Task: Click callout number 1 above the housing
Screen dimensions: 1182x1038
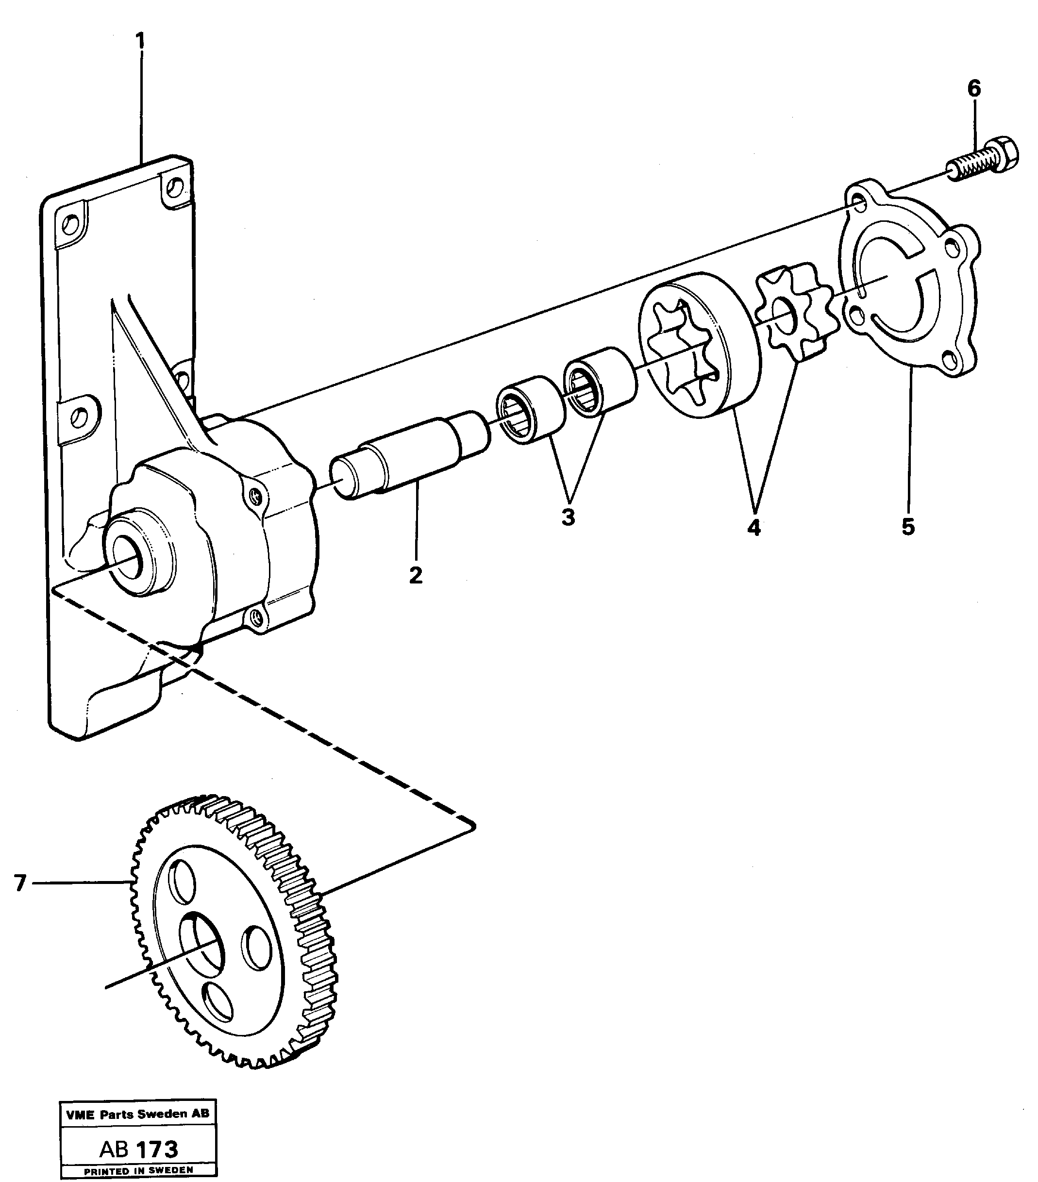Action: pos(140,41)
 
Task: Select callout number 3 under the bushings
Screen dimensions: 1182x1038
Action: pos(568,517)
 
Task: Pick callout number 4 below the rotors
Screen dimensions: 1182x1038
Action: pos(753,527)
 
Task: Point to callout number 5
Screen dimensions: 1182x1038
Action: pos(908,526)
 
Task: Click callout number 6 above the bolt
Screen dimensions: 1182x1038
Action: pos(974,89)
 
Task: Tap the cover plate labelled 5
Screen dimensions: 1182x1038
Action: pos(908,283)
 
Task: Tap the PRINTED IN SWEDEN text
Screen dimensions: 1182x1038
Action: pos(138,1170)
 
